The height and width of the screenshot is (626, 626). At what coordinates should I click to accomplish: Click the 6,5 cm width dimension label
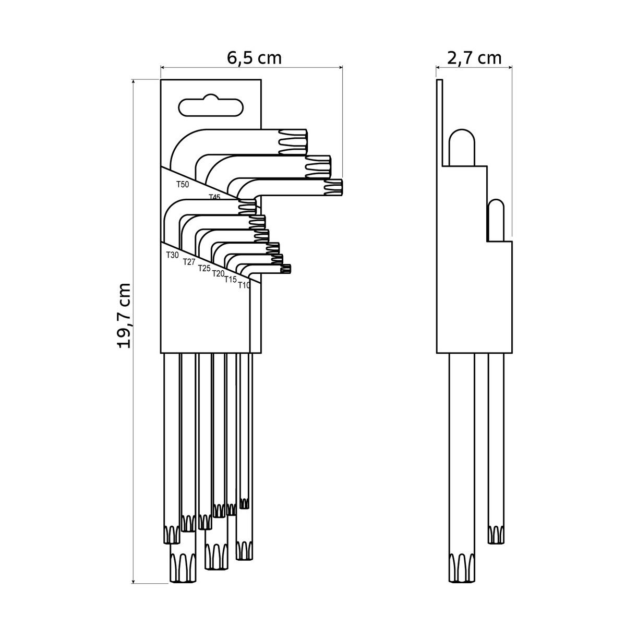coord(254,58)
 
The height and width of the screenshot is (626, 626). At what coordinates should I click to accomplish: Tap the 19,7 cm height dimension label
coord(125,316)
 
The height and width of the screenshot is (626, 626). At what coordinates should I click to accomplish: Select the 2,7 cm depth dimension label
coord(474,58)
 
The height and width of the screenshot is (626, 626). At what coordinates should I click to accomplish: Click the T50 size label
coord(183,185)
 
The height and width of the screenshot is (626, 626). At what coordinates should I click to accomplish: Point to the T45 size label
coord(214,197)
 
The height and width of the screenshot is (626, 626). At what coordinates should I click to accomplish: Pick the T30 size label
coord(173,255)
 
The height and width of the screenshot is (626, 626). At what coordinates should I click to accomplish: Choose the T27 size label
coord(189,262)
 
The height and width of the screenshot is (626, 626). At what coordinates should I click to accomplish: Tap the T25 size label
coord(204,268)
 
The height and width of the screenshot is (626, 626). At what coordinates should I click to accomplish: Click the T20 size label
coord(218,273)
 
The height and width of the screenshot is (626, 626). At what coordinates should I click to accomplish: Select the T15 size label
coord(231,280)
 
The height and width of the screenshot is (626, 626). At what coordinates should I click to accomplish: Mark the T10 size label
coord(244,285)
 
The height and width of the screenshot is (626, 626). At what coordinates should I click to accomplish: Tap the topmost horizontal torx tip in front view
coord(292,142)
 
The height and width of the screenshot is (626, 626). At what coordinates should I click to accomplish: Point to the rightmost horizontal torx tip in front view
coord(334,187)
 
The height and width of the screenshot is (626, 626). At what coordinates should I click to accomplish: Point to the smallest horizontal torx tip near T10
coord(285,269)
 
